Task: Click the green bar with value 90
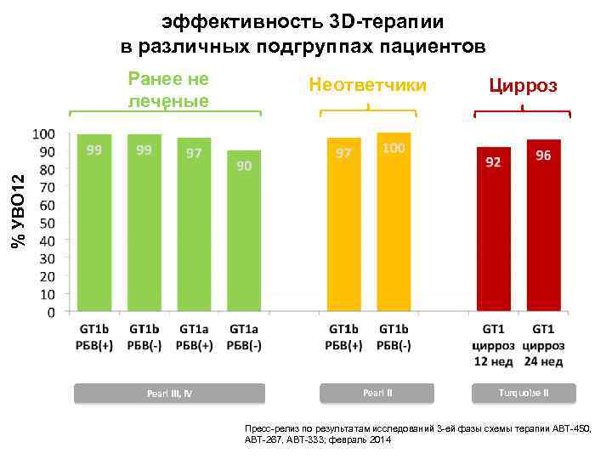tap(244, 231)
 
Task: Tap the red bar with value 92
tap(493, 229)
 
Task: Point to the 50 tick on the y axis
tap(48, 223)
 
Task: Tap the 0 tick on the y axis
tap(51, 312)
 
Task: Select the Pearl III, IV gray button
tap(169, 393)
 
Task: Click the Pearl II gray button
tap(377, 393)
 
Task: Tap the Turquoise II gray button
tap(524, 393)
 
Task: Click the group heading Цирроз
tap(523, 85)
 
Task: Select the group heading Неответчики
tap(368, 85)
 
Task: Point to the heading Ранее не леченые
tap(167, 89)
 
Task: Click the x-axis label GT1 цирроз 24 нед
tap(544, 344)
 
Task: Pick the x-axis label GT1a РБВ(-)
tap(244, 337)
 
